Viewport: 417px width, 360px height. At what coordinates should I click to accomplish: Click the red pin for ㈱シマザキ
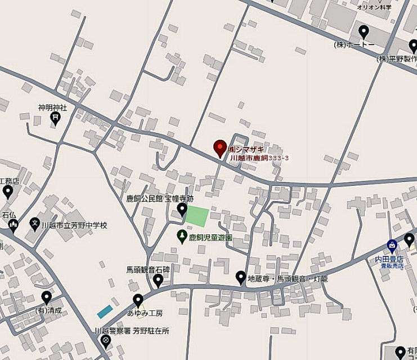pyautogui.click(x=220, y=148)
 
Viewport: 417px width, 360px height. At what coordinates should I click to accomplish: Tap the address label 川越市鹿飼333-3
pyautogui.click(x=259, y=158)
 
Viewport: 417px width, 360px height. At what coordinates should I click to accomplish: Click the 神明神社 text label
pyautogui.click(x=52, y=107)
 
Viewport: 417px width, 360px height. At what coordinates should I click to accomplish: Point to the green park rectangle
pyautogui.click(x=197, y=216)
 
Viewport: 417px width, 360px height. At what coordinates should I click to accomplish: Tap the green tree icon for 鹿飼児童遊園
pyautogui.click(x=182, y=237)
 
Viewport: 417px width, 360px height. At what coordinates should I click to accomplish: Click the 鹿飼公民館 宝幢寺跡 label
pyautogui.click(x=159, y=199)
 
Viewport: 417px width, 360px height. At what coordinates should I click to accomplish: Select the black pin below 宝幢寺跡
pyautogui.click(x=182, y=210)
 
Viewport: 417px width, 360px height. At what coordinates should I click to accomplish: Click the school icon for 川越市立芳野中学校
pyautogui.click(x=35, y=224)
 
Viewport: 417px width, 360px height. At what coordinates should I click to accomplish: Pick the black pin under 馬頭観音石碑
pyautogui.click(x=159, y=279)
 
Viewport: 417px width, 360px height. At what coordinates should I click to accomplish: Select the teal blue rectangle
pyautogui.click(x=105, y=311)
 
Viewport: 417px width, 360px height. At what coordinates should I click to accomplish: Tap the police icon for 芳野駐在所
pyautogui.click(x=105, y=341)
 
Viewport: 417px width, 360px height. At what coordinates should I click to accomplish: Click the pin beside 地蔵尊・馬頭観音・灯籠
pyautogui.click(x=240, y=277)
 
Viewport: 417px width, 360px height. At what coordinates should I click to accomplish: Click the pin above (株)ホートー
pyautogui.click(x=364, y=32)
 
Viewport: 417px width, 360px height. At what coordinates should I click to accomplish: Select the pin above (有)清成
pyautogui.click(x=46, y=297)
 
